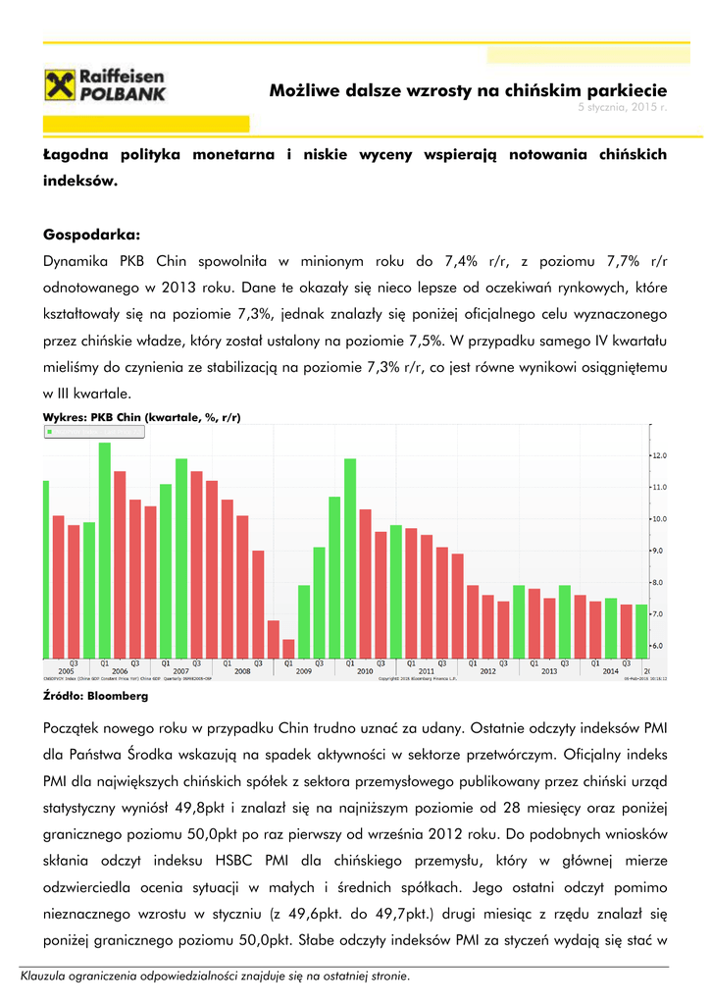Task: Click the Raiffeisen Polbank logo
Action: (x=107, y=84)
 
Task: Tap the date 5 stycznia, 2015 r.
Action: (x=622, y=106)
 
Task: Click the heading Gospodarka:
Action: (x=92, y=235)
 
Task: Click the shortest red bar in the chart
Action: (x=288, y=648)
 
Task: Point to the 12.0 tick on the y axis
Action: (x=661, y=455)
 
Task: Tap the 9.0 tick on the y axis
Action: (x=661, y=551)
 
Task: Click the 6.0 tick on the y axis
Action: (x=661, y=646)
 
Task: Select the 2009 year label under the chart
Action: (x=303, y=671)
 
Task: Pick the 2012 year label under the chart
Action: (x=487, y=671)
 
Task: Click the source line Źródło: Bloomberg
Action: (x=96, y=696)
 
